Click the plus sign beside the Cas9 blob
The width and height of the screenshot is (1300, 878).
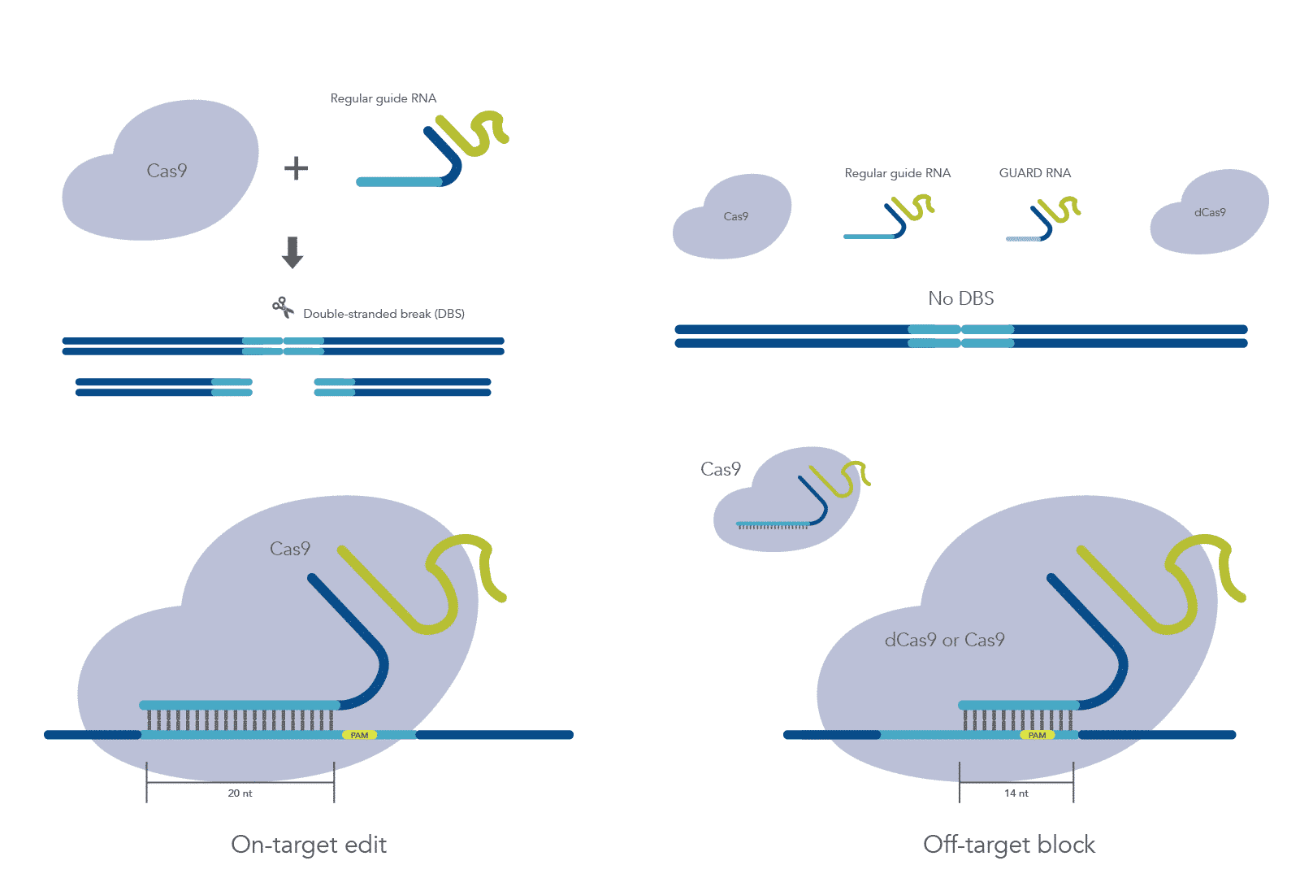point(296,168)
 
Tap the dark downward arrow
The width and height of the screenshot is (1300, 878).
point(292,252)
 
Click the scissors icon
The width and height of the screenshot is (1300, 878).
point(283,307)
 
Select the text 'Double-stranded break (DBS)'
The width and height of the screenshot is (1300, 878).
point(383,314)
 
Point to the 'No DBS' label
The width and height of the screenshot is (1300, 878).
point(960,298)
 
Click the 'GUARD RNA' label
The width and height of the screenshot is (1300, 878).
point(1034,173)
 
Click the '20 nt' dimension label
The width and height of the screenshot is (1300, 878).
point(240,793)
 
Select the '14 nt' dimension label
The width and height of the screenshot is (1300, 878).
point(1016,793)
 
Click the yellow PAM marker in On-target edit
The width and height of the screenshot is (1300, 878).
point(359,735)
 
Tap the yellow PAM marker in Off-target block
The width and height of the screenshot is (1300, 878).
point(1037,735)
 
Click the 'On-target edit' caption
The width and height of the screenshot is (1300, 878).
point(309,845)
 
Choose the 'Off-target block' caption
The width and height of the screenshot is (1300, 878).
point(1009,845)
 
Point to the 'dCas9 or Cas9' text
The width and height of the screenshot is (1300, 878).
point(944,641)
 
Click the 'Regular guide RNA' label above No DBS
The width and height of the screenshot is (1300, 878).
point(897,173)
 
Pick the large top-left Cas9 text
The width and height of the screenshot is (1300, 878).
point(167,171)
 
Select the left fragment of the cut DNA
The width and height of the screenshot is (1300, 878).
point(163,387)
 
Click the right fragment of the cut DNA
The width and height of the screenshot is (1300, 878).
point(402,387)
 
